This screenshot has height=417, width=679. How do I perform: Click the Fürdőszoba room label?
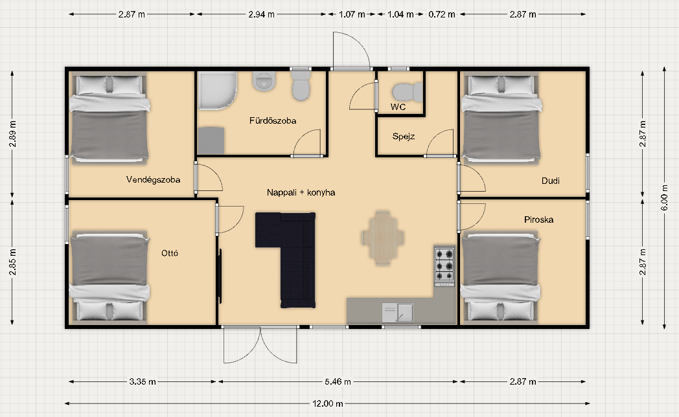pos(273,120)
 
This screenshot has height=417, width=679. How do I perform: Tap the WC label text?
pos(398,107)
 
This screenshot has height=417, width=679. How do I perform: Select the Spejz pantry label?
pos(404,136)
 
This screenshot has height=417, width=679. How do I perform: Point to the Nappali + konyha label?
pos(301,192)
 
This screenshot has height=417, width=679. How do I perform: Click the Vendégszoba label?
pos(154,179)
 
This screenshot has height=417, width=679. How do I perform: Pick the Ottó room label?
pos(170,253)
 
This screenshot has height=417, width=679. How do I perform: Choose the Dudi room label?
pos(550,181)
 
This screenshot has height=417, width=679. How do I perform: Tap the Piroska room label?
pos(538,220)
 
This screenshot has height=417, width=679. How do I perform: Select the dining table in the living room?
pos(382,238)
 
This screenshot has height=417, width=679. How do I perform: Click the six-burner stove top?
pos(444,265)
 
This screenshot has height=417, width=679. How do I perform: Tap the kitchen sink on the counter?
pos(398,312)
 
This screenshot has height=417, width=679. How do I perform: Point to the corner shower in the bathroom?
pos(218,90)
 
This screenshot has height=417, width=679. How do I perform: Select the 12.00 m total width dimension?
pos(328,403)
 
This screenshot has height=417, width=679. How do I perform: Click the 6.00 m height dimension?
pos(664,197)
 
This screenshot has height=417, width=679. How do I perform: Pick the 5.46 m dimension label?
pos(338,381)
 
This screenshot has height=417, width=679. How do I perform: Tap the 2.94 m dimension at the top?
pos(262,14)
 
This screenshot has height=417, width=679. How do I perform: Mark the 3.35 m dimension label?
pos(143,381)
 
